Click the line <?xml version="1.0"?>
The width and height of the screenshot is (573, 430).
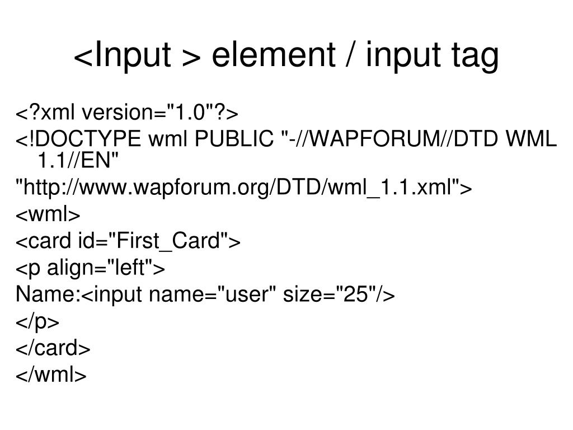click(x=127, y=114)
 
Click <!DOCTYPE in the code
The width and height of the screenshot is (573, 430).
click(x=78, y=139)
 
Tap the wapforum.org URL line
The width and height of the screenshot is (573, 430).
click(x=244, y=188)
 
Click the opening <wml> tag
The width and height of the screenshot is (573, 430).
click(x=48, y=215)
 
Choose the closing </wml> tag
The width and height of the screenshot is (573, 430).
click(x=51, y=375)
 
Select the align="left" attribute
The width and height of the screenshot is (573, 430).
click(x=105, y=268)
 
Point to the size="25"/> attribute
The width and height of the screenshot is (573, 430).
click(x=339, y=294)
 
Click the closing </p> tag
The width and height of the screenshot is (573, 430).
click(x=37, y=322)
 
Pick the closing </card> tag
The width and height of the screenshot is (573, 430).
click(x=53, y=348)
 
